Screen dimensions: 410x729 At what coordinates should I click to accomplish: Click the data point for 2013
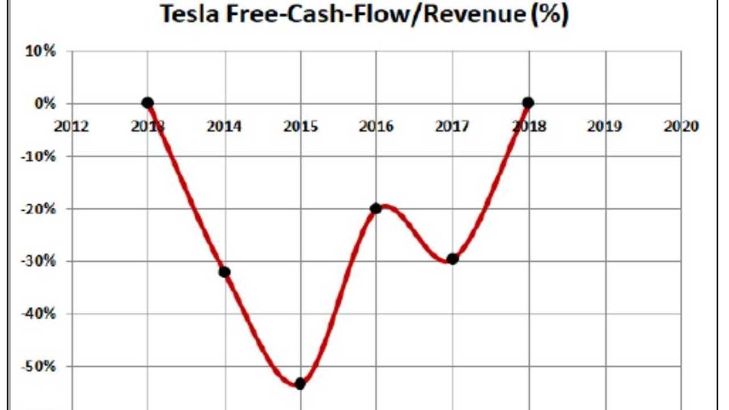pyautogui.click(x=148, y=102)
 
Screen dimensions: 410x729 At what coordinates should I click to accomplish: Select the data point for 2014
pyautogui.click(x=224, y=272)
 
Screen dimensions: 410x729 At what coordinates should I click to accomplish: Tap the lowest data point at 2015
pyautogui.click(x=300, y=383)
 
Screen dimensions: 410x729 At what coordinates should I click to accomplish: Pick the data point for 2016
pyautogui.click(x=376, y=208)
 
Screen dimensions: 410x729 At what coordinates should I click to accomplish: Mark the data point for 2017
pyautogui.click(x=452, y=259)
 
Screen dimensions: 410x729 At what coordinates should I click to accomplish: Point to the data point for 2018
pyautogui.click(x=528, y=102)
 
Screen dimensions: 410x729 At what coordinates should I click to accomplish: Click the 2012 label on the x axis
pyautogui.click(x=71, y=126)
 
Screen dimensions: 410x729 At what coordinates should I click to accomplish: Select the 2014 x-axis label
pyautogui.click(x=224, y=126)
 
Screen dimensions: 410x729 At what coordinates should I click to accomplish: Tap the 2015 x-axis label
pyautogui.click(x=301, y=126)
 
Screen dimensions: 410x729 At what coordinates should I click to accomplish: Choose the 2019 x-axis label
pyautogui.click(x=605, y=126)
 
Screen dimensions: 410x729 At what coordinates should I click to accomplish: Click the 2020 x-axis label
pyautogui.click(x=681, y=126)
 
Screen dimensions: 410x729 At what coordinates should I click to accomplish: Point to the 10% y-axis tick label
pyautogui.click(x=40, y=51)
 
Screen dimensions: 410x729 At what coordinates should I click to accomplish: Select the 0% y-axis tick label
pyautogui.click(x=45, y=104)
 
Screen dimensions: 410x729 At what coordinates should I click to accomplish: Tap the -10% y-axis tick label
pyautogui.click(x=38, y=156)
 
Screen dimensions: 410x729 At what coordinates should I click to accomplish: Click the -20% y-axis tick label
pyautogui.click(x=38, y=209)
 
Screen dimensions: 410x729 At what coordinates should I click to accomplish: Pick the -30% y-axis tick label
pyautogui.click(x=38, y=261)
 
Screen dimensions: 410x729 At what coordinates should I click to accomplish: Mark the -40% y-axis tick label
pyautogui.click(x=38, y=314)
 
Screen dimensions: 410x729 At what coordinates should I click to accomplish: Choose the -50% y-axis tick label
pyautogui.click(x=38, y=367)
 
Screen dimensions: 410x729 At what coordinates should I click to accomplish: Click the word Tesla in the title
pyautogui.click(x=190, y=14)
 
